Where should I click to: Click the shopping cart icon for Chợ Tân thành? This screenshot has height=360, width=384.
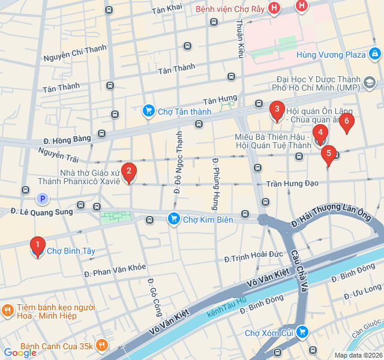[x=148, y=111]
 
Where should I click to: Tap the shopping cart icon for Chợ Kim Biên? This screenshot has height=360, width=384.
[x=174, y=220]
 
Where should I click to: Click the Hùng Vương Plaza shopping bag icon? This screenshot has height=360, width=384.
[x=375, y=55]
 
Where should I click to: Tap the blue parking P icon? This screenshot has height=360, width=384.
[x=41, y=199]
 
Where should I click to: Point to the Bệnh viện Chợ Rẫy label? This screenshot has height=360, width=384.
[x=229, y=9]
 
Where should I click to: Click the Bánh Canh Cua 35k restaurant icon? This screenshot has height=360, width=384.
[x=103, y=346]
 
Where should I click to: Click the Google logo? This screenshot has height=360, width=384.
[x=20, y=353]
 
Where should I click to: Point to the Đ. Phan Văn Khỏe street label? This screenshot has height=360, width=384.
[x=115, y=271]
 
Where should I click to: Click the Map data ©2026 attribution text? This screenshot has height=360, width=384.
[x=358, y=355]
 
